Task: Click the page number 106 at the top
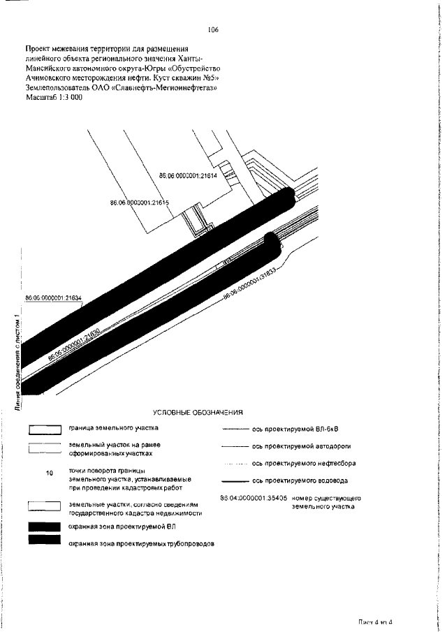click(213, 30)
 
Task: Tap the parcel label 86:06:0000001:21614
click(189, 176)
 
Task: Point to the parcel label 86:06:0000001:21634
click(53, 298)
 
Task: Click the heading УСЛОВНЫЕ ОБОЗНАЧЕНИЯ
click(198, 412)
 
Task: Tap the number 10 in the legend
click(49, 473)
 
